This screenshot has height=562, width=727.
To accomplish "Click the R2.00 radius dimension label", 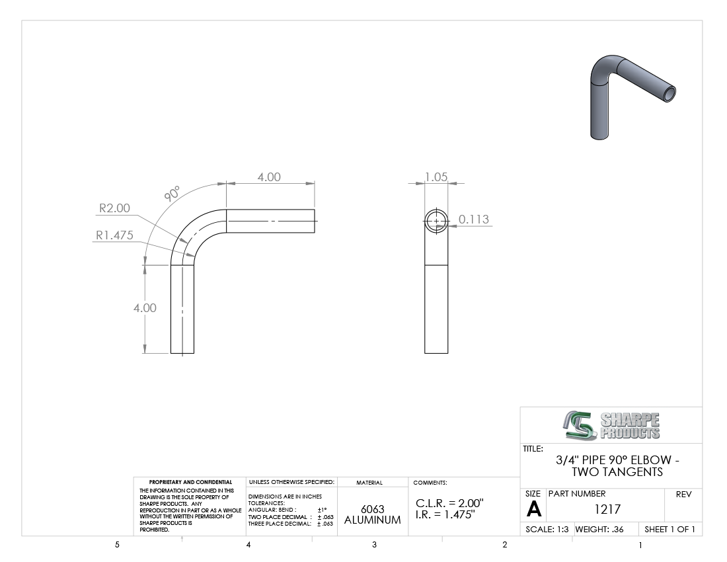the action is click(114, 208).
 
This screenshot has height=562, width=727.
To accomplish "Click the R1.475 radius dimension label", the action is click(114, 235).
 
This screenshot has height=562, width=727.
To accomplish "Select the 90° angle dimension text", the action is click(172, 193).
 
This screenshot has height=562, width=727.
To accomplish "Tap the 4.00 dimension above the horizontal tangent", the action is click(269, 177).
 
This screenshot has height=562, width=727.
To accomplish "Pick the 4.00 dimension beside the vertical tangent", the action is click(145, 308).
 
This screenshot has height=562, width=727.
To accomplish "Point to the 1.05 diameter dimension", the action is click(436, 177).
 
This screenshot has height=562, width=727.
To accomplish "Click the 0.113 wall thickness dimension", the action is click(474, 220).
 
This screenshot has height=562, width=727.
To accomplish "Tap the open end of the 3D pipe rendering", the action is click(669, 94).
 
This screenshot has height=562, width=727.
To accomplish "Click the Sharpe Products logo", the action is click(611, 425).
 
